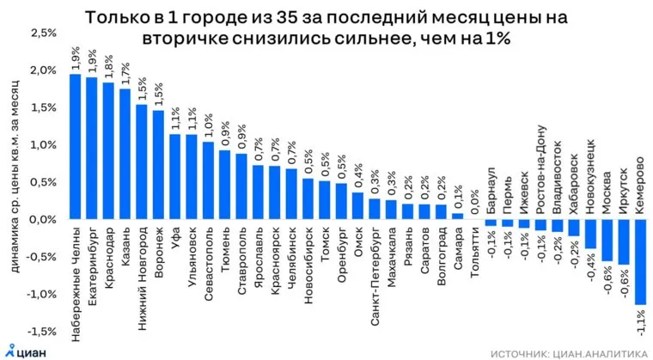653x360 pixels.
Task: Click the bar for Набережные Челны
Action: pos(75,146)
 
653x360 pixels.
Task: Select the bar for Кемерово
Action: pos(640,261)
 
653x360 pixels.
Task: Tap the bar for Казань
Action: pos(125,154)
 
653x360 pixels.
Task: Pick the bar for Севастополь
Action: pos(209,180)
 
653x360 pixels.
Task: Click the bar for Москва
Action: pos(607,240)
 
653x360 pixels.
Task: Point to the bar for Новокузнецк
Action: pos(590,232)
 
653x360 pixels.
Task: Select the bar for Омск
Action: pos(357,205)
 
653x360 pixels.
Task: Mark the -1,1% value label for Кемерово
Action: pos(640,326)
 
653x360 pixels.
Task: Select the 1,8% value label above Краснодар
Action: pos(108,64)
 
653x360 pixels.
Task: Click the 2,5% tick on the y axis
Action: pos(43,34)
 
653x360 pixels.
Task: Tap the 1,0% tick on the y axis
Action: pos(43,145)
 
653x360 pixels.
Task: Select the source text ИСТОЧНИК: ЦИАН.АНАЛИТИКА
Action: pos(569,351)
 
